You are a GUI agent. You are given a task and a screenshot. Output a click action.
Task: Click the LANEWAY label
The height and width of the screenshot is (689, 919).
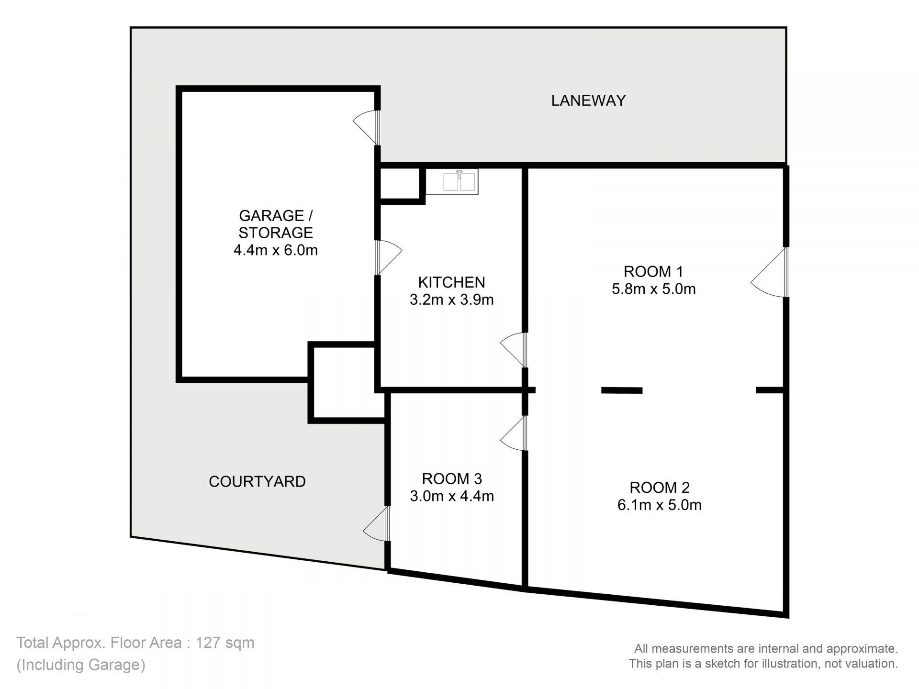click(x=588, y=100)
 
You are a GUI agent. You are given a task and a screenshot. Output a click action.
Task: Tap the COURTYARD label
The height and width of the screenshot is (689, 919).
click(x=257, y=481)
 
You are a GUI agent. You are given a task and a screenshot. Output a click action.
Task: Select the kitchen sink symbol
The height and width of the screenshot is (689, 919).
click(x=459, y=182)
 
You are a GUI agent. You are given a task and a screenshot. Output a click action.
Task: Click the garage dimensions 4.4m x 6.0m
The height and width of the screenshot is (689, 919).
click(x=276, y=250)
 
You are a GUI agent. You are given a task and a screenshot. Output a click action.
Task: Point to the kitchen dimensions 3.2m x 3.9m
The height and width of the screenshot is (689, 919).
click(x=452, y=300)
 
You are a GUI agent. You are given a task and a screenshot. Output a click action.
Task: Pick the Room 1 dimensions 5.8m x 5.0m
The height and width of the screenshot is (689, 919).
click(x=654, y=289)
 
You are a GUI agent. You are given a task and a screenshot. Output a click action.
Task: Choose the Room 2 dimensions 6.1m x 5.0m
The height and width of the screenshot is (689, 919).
click(x=660, y=505)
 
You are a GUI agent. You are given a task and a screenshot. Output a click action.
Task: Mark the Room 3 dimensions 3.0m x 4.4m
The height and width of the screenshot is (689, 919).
click(x=452, y=496)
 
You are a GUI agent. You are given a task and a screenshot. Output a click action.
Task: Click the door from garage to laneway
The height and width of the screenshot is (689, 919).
click(x=367, y=127)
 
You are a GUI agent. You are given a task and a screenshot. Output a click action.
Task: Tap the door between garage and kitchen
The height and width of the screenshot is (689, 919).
click(x=389, y=257)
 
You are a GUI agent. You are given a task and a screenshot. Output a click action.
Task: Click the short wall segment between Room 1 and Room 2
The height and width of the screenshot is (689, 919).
click(x=622, y=390)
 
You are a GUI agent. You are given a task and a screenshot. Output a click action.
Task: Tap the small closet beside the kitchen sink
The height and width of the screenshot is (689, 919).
click(x=400, y=184)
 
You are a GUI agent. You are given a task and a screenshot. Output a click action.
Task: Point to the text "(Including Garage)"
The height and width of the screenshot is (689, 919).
click(x=81, y=665)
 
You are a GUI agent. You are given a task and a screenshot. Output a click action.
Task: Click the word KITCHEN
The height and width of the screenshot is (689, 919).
click(x=452, y=282)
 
